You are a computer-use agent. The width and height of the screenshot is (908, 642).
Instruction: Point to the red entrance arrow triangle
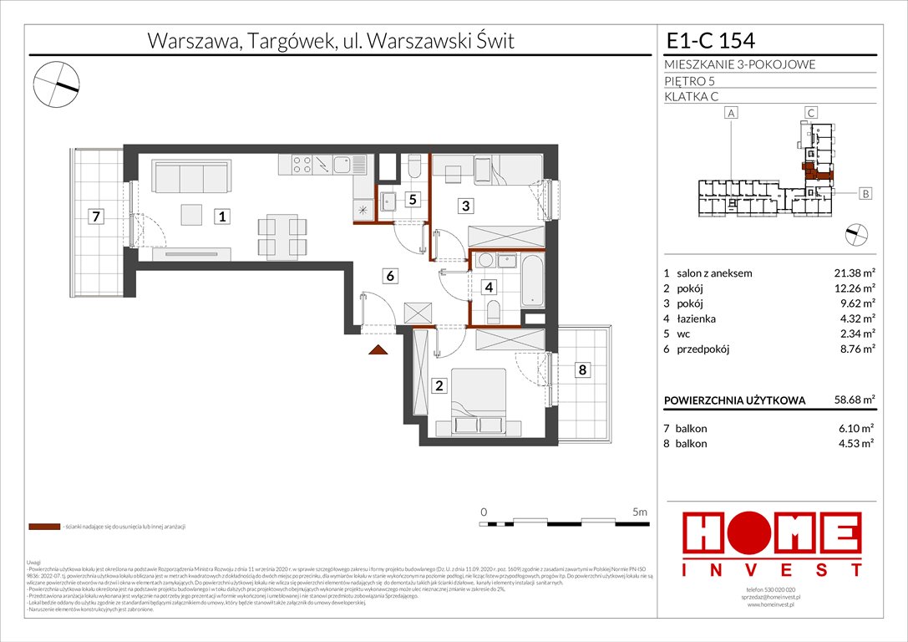pos(378,351)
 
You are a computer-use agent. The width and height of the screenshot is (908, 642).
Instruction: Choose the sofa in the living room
pos(190,176)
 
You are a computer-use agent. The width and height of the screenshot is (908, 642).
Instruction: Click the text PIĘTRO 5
pos(692,81)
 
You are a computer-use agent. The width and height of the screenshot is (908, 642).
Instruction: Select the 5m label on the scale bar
pos(641,511)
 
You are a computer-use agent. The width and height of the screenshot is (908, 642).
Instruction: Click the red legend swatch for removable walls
pos(43,527)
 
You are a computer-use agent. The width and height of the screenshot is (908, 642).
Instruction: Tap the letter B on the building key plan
pos(865,194)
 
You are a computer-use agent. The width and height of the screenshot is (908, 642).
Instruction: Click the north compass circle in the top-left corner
pos(57,85)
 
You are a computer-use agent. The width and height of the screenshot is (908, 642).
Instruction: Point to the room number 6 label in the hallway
pos(389,274)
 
